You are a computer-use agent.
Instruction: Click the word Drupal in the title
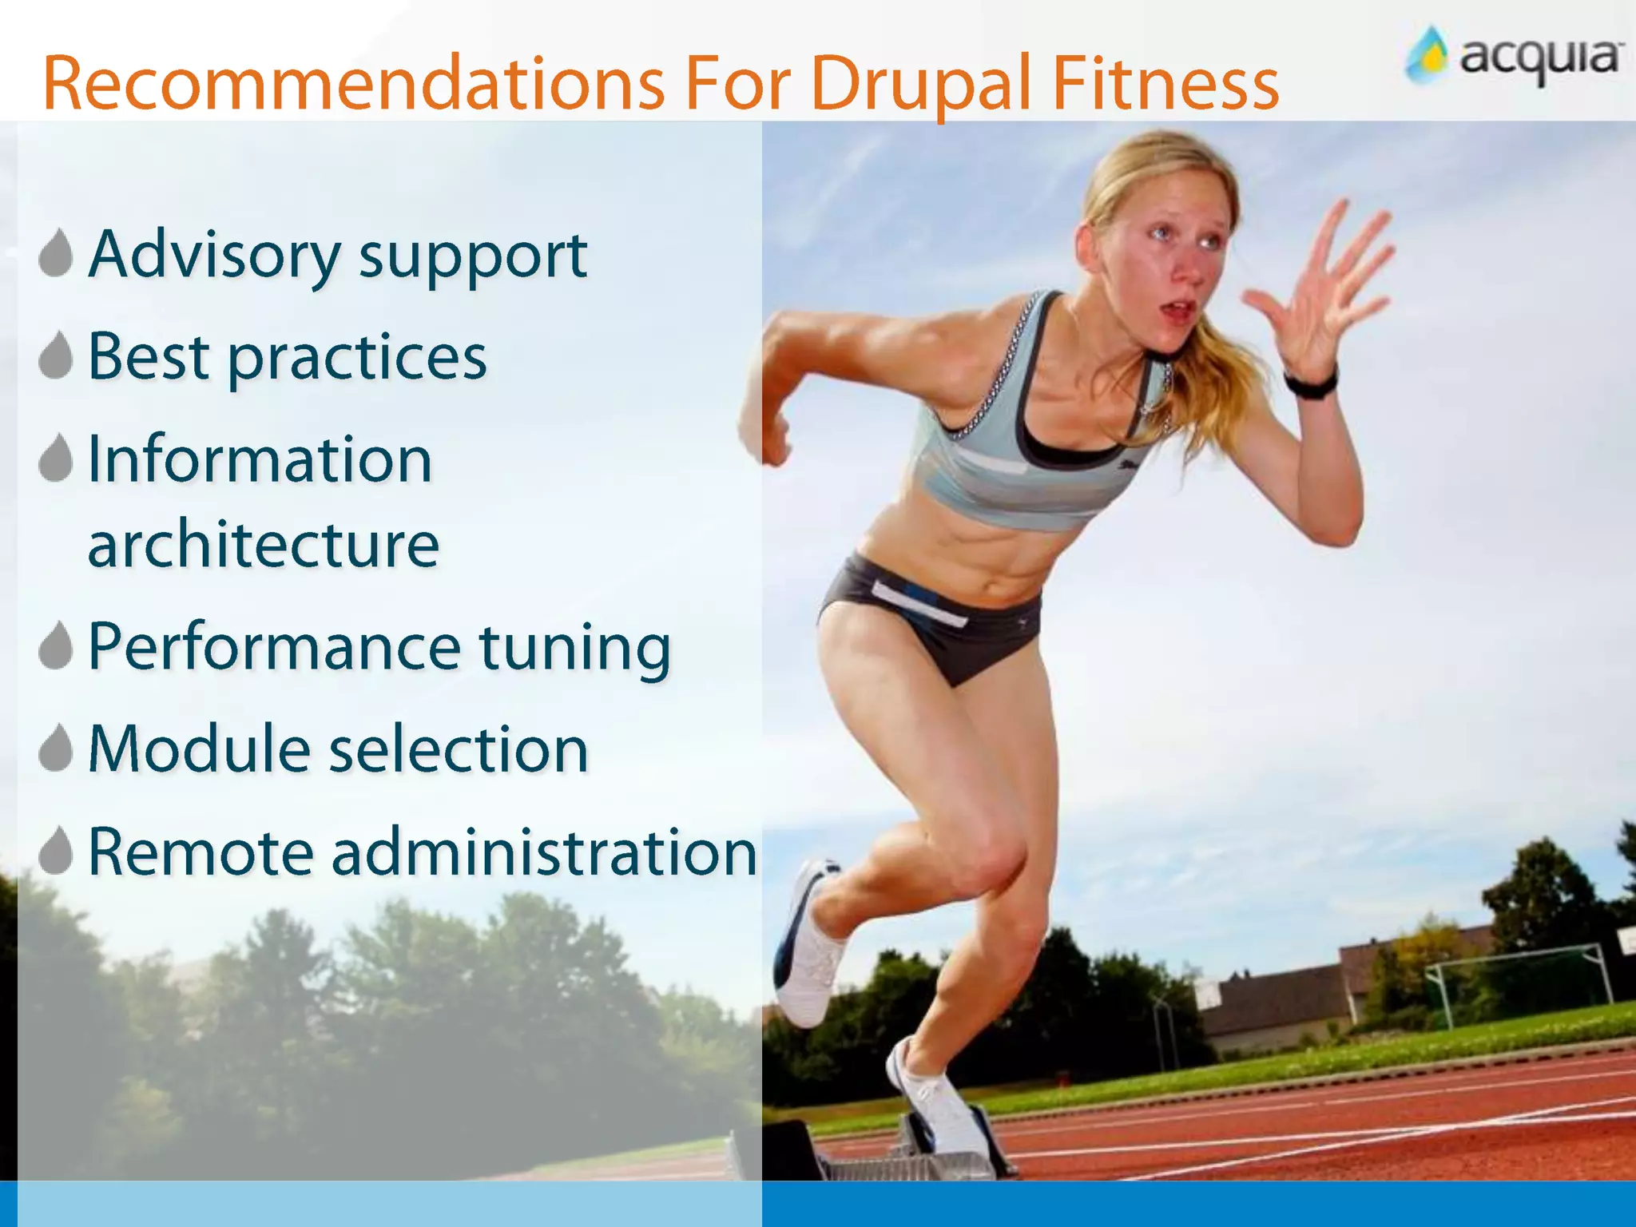921,84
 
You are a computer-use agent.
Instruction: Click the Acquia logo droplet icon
1428,56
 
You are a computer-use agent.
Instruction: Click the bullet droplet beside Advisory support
56,254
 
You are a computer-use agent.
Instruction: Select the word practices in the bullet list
357,358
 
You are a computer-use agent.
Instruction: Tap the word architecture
263,544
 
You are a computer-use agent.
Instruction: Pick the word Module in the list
198,749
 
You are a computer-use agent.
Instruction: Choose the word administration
543,852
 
